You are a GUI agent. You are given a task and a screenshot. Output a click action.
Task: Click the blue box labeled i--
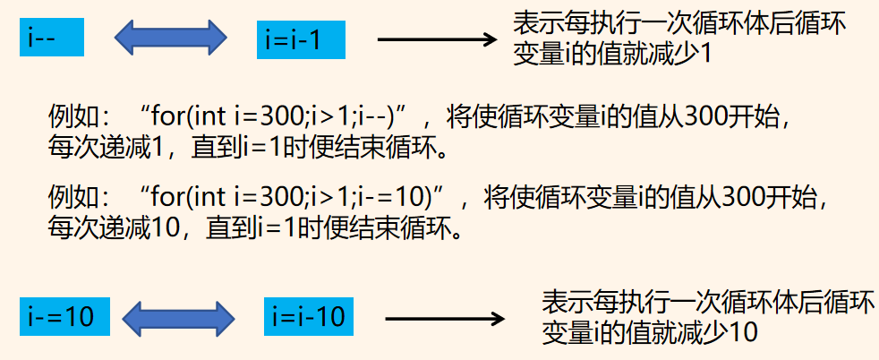(x=50, y=39)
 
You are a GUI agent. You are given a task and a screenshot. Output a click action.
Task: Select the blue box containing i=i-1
(x=299, y=41)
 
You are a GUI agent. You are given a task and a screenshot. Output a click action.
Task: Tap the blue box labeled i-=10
(x=64, y=316)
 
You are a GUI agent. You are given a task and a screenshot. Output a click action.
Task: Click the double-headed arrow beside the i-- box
(x=171, y=39)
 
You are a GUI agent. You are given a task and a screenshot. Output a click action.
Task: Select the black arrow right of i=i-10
(x=444, y=318)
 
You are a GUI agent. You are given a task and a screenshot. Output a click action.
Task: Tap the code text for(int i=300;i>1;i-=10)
(x=294, y=198)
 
